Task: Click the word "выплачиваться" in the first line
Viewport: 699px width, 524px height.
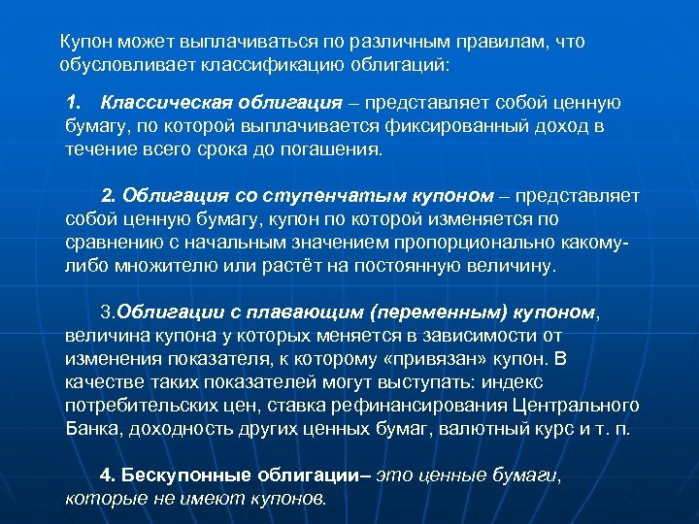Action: (217, 43)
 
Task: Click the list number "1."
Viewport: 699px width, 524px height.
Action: (77, 103)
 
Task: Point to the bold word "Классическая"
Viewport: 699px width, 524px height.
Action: (163, 103)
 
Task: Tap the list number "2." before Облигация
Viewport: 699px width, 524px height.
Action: (111, 196)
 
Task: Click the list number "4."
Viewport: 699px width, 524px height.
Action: (109, 475)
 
